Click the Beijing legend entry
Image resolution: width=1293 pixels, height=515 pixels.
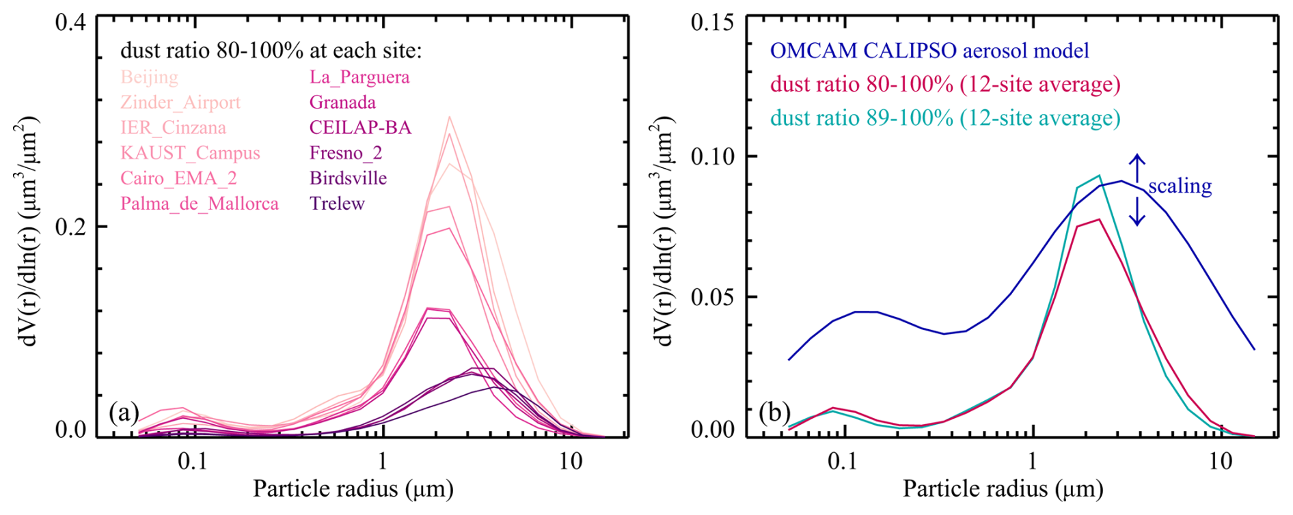(149, 77)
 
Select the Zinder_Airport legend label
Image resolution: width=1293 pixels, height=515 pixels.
(180, 102)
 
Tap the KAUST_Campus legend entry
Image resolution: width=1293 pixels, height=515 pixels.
(190, 153)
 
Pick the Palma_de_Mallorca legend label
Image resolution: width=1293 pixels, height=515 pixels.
(200, 204)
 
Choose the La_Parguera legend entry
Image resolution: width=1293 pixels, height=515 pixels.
(359, 77)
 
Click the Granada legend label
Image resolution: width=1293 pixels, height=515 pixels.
(342, 102)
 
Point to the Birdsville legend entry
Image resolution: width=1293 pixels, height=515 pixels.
(348, 178)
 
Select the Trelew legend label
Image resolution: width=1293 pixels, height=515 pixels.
(337, 204)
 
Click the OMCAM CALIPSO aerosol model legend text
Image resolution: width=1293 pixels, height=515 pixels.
(929, 51)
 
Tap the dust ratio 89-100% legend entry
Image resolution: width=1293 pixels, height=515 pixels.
(945, 118)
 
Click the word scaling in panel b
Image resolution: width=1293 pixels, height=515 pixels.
(1180, 186)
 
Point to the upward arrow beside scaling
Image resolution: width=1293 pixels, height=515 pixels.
(1137, 168)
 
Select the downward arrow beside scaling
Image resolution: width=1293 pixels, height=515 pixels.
(1137, 212)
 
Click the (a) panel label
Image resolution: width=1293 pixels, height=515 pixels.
(124, 413)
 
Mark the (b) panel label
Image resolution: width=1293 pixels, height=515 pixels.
(774, 413)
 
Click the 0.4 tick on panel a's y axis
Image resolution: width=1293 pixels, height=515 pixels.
(70, 22)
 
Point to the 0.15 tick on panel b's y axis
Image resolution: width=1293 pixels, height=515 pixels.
(712, 22)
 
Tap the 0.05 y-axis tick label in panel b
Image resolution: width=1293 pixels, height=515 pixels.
(712, 297)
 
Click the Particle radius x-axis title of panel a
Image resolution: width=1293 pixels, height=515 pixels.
(353, 489)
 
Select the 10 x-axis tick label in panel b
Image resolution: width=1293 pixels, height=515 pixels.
(1221, 462)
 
